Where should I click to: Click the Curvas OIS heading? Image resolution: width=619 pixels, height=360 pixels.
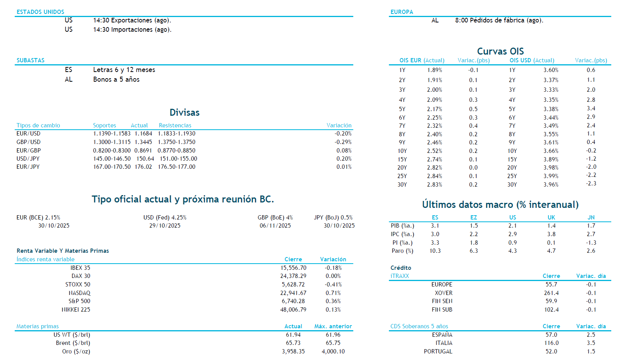pyautogui.click(x=500, y=51)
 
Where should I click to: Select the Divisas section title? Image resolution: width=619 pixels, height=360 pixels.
pyautogui.click(x=184, y=113)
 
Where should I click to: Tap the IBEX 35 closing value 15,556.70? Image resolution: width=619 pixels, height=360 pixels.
pyautogui.click(x=293, y=268)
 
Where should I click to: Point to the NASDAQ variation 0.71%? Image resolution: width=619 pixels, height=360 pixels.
pyautogui.click(x=333, y=293)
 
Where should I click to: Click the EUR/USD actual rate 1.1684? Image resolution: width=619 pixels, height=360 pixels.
pyautogui.click(x=143, y=134)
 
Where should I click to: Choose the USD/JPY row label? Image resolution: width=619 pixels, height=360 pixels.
pyautogui.click(x=28, y=159)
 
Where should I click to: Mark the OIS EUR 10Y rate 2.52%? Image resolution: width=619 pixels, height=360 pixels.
pyautogui.click(x=434, y=151)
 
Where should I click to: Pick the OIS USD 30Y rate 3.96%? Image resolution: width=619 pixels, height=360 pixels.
pyautogui.click(x=550, y=185)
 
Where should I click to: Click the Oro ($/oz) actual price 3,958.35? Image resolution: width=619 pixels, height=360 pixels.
pyautogui.click(x=293, y=351)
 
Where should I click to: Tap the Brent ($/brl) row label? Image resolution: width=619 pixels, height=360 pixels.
pyautogui.click(x=73, y=343)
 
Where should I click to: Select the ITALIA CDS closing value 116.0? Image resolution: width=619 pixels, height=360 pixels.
pyautogui.click(x=551, y=343)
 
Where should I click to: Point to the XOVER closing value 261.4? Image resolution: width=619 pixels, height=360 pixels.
pyautogui.click(x=551, y=293)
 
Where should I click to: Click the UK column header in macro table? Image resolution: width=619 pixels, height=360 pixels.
pyautogui.click(x=551, y=218)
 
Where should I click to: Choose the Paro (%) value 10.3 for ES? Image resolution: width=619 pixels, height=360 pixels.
pyautogui.click(x=435, y=251)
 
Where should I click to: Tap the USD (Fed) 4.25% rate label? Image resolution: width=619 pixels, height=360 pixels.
pyautogui.click(x=165, y=218)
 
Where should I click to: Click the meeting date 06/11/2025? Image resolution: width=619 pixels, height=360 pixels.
pyautogui.click(x=275, y=226)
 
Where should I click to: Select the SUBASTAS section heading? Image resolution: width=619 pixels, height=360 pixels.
pyautogui.click(x=31, y=60)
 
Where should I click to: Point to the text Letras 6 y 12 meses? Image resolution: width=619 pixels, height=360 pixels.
pyautogui.click(x=124, y=70)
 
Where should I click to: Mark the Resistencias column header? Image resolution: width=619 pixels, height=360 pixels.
pyautogui.click(x=175, y=125)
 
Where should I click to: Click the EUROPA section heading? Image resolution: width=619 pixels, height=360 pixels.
pyautogui.click(x=402, y=12)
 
